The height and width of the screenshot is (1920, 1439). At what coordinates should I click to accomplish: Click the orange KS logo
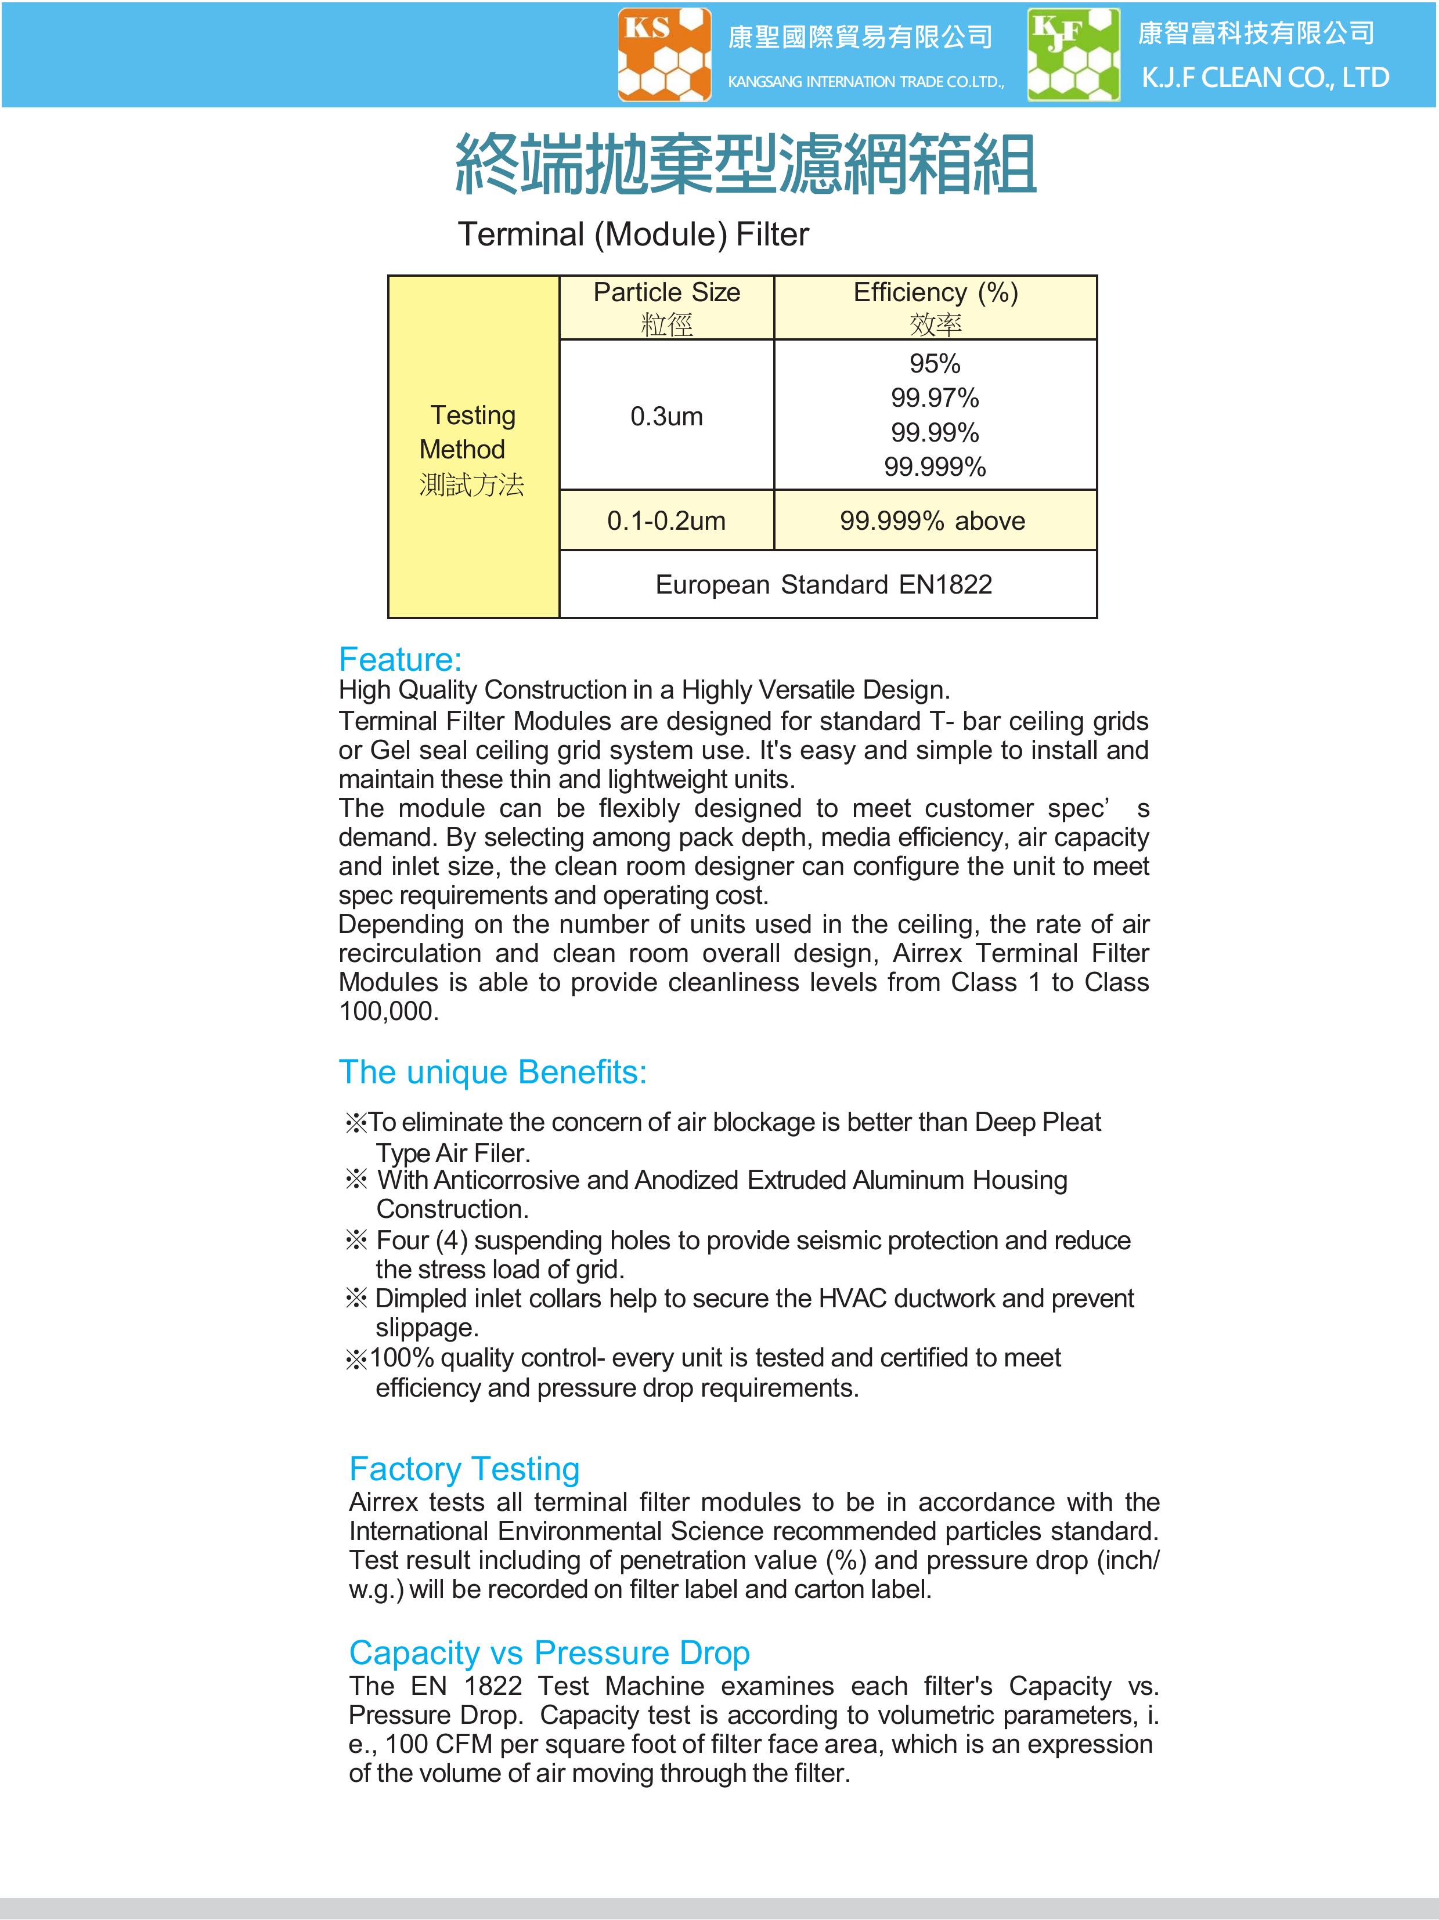pyautogui.click(x=664, y=55)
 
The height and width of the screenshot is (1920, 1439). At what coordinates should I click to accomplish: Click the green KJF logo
pyautogui.click(x=1073, y=55)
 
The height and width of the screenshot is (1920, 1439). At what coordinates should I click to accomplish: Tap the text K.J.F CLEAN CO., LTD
pyautogui.click(x=1264, y=78)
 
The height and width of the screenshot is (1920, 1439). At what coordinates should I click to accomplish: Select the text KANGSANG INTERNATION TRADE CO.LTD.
pyautogui.click(x=865, y=82)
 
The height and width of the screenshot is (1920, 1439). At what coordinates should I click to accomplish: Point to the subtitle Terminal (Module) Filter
pyautogui.click(x=633, y=234)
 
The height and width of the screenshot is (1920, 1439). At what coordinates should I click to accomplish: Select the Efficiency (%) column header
pyautogui.click(x=935, y=292)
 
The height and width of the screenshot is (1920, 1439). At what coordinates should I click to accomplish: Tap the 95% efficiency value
pyautogui.click(x=935, y=364)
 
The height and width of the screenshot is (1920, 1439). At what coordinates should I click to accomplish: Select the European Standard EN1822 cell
pyautogui.click(x=823, y=584)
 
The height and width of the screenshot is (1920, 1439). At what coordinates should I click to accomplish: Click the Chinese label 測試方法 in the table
pyautogui.click(x=471, y=484)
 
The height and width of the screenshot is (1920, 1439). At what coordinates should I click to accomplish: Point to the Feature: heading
pyautogui.click(x=399, y=660)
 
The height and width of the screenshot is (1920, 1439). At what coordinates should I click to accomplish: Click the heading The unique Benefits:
pyautogui.click(x=492, y=1073)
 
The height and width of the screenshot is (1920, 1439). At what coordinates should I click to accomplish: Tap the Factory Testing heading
pyautogui.click(x=464, y=1469)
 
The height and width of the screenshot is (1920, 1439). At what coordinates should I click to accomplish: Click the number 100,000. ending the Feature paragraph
pyautogui.click(x=388, y=1011)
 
